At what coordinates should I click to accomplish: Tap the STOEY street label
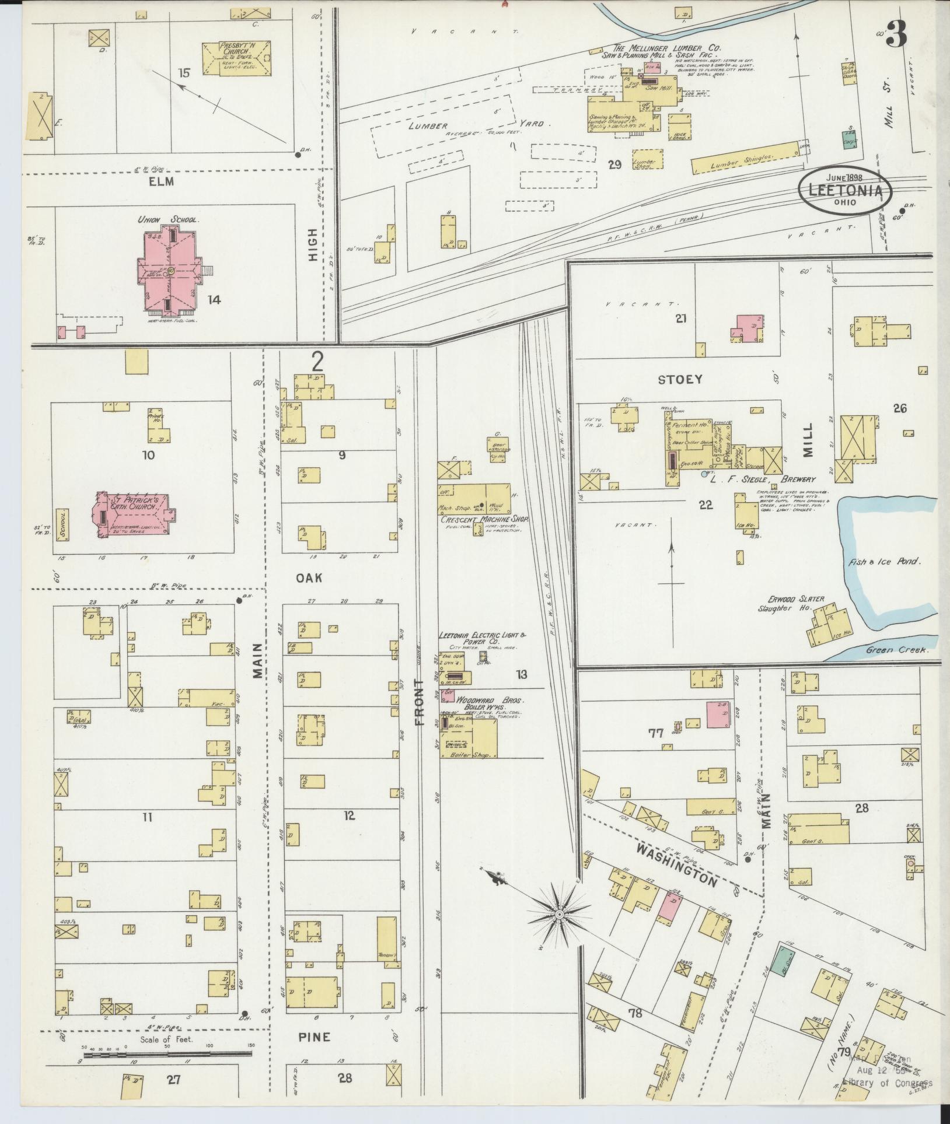coord(680,380)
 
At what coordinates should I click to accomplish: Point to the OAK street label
coord(309,577)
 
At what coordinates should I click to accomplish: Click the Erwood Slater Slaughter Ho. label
coord(798,603)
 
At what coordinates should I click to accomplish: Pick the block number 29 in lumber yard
coord(614,165)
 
